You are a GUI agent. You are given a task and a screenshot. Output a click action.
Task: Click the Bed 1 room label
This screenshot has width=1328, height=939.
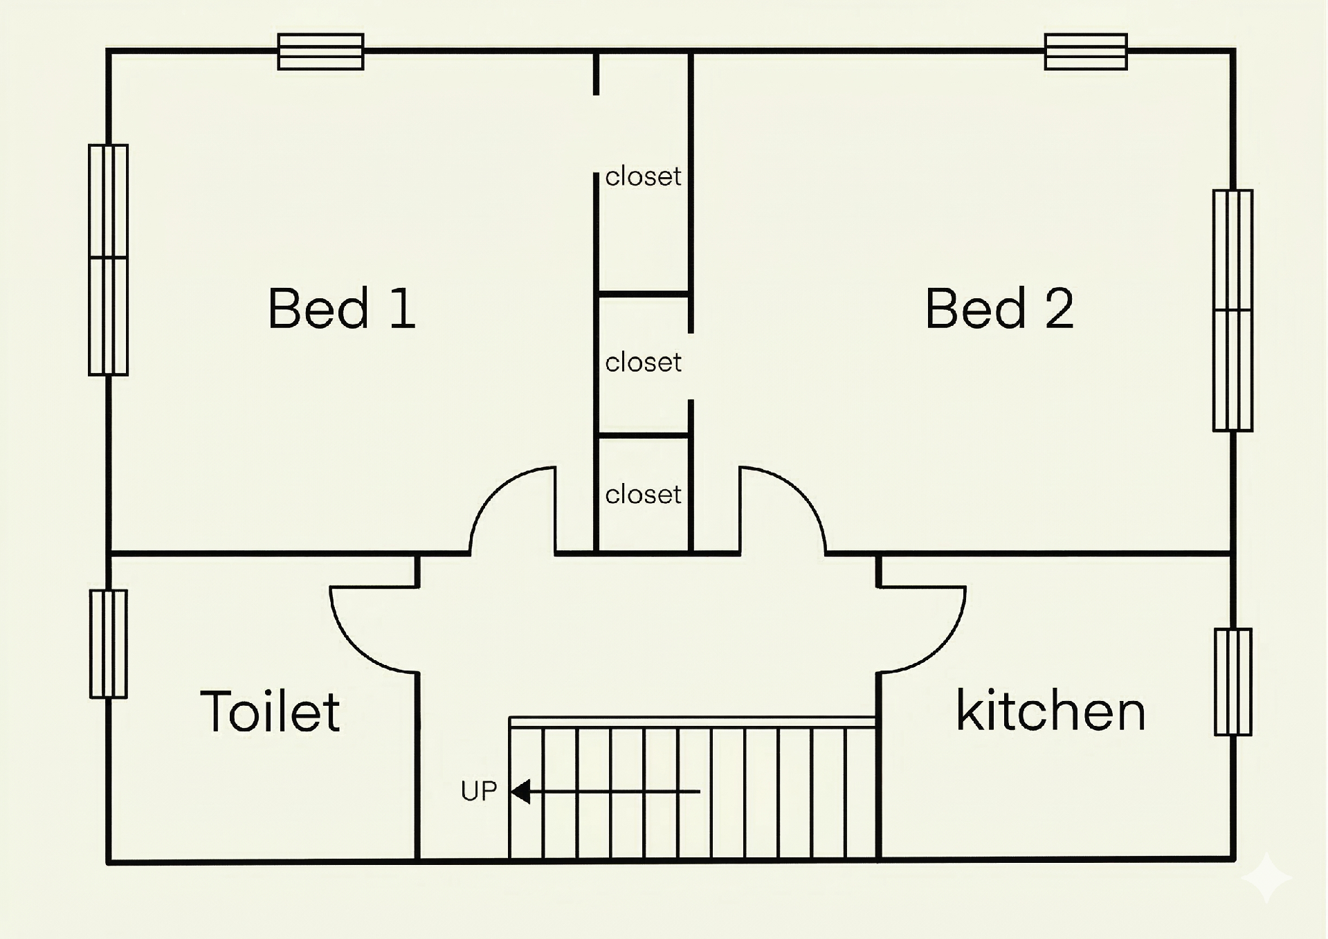click(342, 308)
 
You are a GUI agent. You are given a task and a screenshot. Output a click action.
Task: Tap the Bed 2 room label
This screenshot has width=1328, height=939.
click(999, 308)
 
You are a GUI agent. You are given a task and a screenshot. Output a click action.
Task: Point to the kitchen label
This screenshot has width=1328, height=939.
click(1050, 710)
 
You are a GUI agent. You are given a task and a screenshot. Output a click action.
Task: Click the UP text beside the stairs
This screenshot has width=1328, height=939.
click(479, 791)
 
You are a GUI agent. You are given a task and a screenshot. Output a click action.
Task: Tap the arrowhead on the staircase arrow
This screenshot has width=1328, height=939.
click(520, 791)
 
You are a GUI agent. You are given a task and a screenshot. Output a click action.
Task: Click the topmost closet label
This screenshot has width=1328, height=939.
click(643, 176)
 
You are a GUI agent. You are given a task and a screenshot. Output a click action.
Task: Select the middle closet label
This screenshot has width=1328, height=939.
click(643, 362)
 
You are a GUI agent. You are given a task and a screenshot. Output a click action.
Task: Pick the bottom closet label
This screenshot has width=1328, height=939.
click(643, 494)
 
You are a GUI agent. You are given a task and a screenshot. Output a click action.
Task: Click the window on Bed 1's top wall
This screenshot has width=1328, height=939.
click(320, 52)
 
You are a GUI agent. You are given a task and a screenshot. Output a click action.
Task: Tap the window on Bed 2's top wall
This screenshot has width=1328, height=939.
click(1086, 52)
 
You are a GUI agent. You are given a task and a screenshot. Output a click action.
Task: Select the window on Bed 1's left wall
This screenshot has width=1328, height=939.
click(108, 259)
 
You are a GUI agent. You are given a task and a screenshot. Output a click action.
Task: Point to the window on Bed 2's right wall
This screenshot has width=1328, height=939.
click(1233, 311)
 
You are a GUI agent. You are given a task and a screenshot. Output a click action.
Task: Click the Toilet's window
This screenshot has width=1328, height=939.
click(109, 644)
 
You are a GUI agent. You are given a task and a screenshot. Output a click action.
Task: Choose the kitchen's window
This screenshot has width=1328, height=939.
click(1233, 682)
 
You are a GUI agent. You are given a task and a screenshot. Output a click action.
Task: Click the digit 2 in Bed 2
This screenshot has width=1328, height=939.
click(1059, 308)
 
